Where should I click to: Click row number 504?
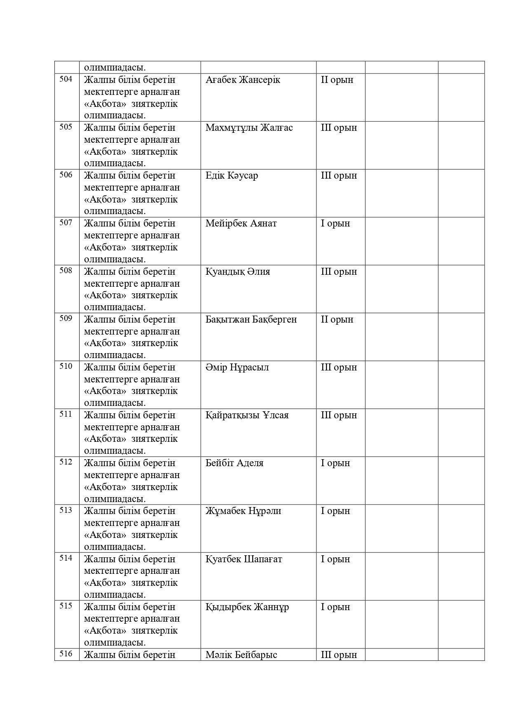coord(66,79)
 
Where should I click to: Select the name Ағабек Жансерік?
coord(243,80)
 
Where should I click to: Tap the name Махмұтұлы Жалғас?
coord(249,128)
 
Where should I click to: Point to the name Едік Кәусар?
coord(232,176)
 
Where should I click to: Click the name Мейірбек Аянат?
coord(241,224)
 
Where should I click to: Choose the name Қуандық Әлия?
coord(238,272)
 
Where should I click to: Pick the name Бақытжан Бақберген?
coord(251,320)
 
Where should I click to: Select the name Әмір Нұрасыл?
coord(237,368)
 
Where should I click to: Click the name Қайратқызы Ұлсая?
coord(247,415)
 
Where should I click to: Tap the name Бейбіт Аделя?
coord(234,463)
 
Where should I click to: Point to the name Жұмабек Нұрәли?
coord(243,511)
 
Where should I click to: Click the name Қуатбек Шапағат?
coord(244,559)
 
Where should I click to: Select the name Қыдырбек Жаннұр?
coord(247,607)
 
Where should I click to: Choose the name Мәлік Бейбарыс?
coord(241,655)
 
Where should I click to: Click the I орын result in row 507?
coord(335,224)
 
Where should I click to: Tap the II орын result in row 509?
coord(337,320)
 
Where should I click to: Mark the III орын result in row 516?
coord(339,655)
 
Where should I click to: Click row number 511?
coord(66,414)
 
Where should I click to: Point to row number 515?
coord(66,606)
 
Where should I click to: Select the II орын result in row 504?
coord(337,80)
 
